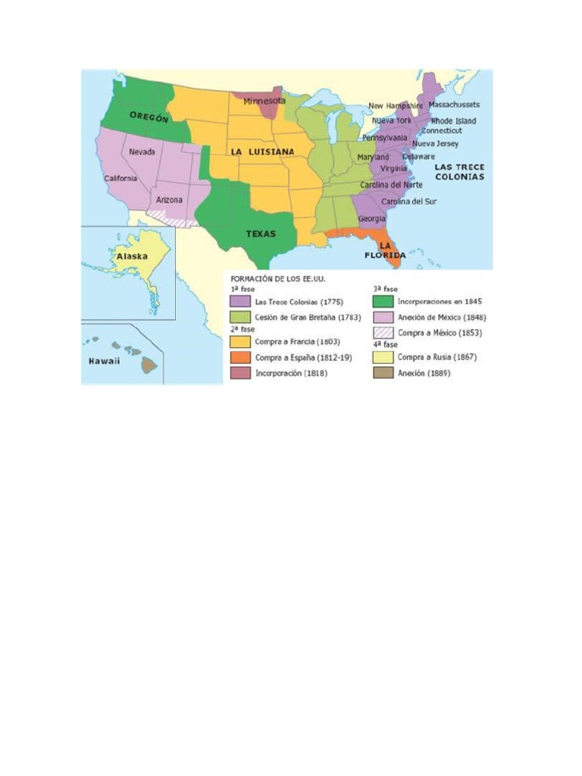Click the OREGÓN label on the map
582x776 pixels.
[x=149, y=117]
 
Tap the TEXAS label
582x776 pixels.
[x=260, y=233]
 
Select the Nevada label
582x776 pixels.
[x=142, y=152]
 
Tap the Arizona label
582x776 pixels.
[x=169, y=199]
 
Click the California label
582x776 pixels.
[x=121, y=179]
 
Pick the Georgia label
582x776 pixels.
[x=371, y=218]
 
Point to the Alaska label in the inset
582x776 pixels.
[x=131, y=257]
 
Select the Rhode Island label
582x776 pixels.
[x=453, y=120]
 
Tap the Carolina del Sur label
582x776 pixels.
[x=408, y=202]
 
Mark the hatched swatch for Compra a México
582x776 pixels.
[x=383, y=332]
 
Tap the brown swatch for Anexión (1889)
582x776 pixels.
[x=383, y=372]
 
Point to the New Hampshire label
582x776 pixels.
[x=396, y=105]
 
